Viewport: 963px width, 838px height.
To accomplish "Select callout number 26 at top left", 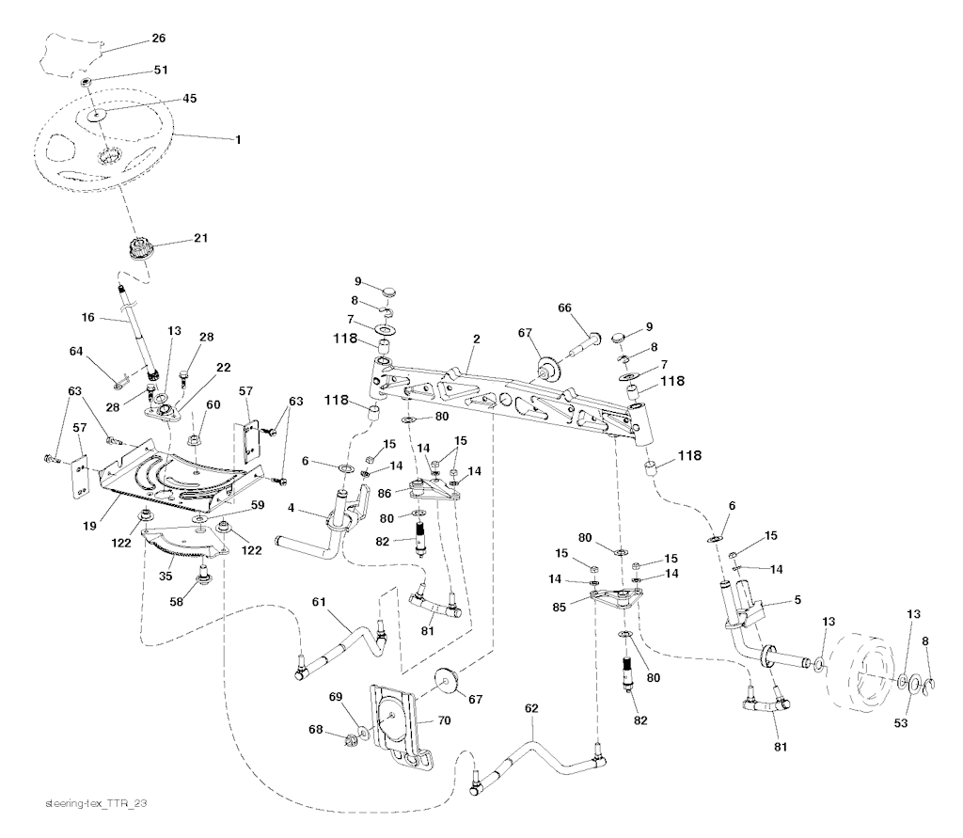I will (x=158, y=39).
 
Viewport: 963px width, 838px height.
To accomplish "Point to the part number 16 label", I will (x=88, y=318).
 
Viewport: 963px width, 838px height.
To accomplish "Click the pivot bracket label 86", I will (x=385, y=491).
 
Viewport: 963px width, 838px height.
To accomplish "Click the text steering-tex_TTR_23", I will (x=97, y=805).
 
